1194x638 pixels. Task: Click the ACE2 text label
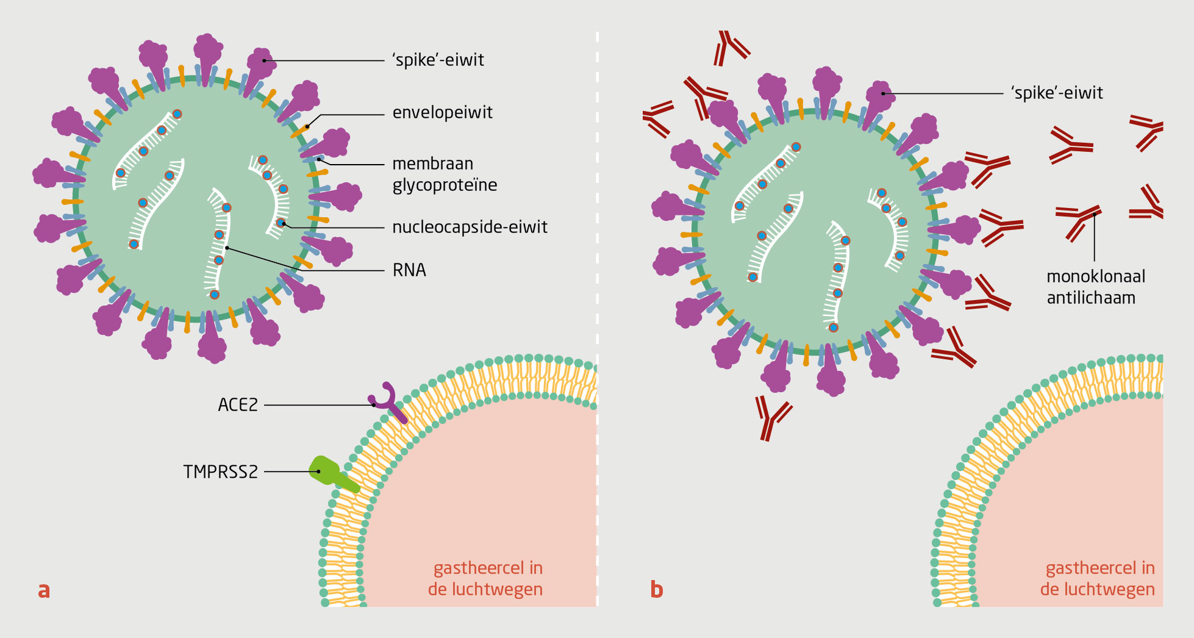[x=238, y=405]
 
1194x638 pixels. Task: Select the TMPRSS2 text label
[x=221, y=472]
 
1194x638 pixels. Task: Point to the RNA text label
[x=409, y=270]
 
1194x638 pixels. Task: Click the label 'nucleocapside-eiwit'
[x=470, y=228]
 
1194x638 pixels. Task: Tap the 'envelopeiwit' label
[x=442, y=113]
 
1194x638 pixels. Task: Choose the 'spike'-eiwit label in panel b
[x=1057, y=93]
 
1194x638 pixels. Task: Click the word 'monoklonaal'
[x=1096, y=277]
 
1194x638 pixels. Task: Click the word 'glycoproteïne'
[x=445, y=185]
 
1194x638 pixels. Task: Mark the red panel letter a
[x=44, y=590]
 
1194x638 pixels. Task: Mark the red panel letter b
[x=656, y=590]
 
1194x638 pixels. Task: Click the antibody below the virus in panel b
[x=771, y=417]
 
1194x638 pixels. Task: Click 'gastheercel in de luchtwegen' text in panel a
[x=486, y=579]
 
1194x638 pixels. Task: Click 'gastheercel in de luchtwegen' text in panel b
[x=1098, y=579]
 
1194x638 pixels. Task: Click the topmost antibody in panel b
[x=730, y=48]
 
